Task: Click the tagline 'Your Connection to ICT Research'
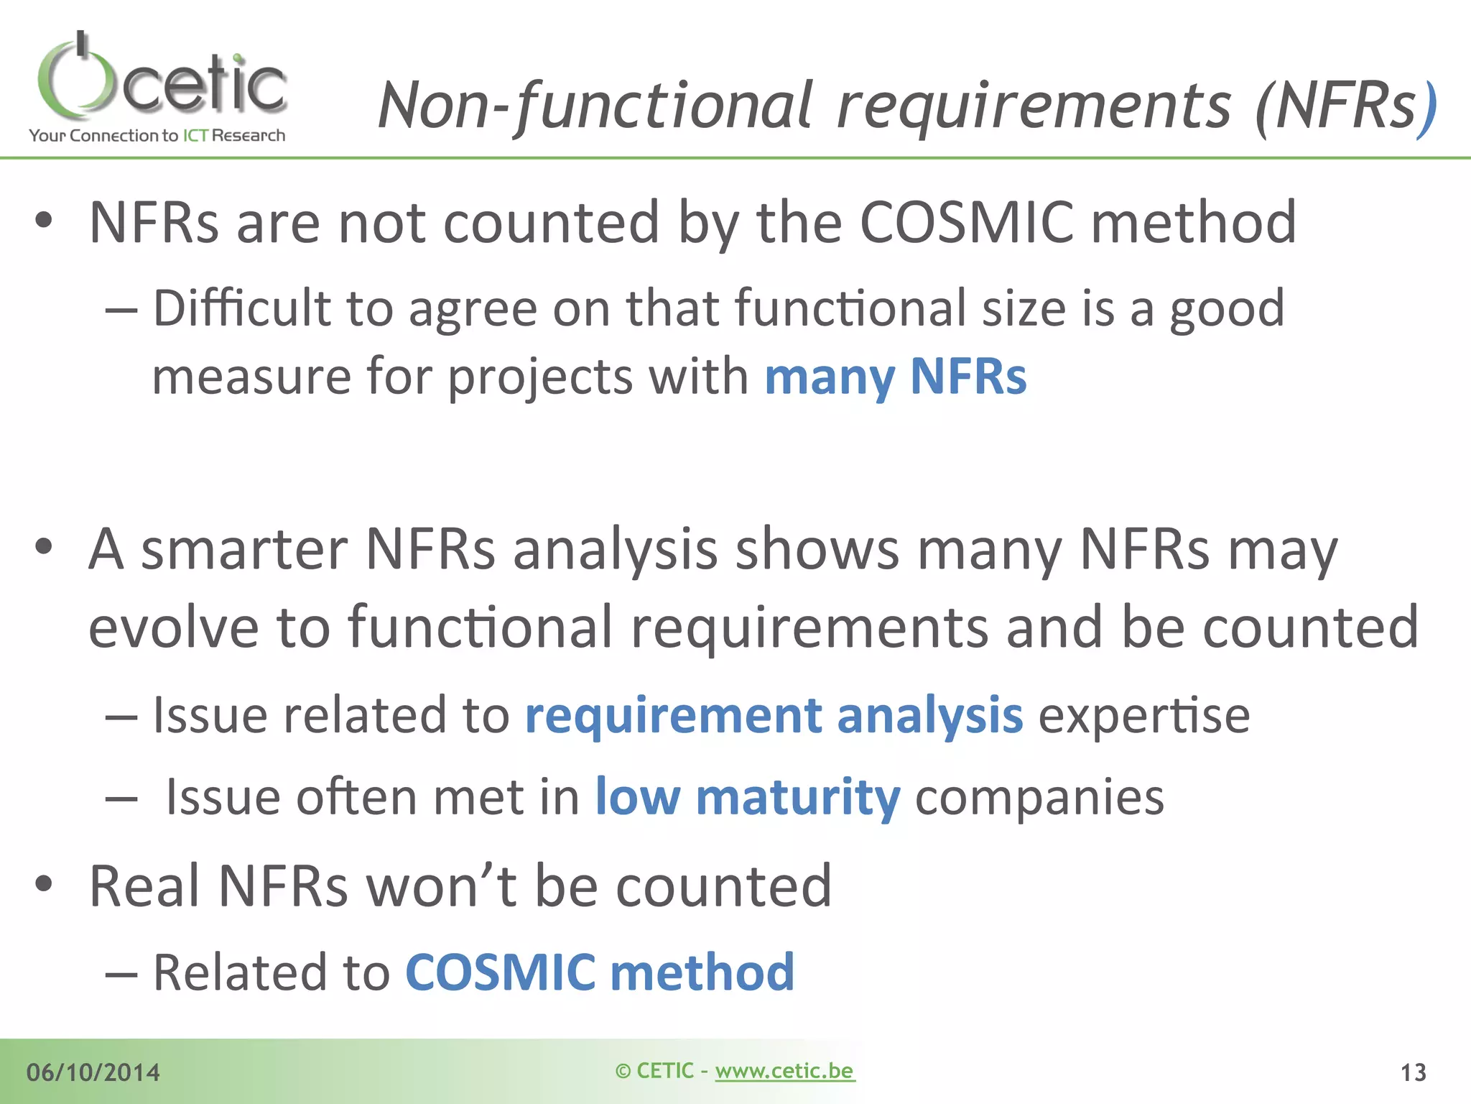(157, 136)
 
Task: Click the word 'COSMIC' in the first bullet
(966, 222)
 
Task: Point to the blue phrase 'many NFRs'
(895, 377)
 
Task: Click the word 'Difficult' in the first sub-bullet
(241, 308)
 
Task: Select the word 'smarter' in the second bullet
(243, 549)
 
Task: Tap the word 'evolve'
(173, 627)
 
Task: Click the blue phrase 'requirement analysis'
(774, 716)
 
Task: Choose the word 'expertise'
(1143, 716)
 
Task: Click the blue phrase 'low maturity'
(747, 798)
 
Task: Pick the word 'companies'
(1039, 798)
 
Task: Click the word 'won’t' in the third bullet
(441, 886)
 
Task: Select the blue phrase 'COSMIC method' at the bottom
(600, 972)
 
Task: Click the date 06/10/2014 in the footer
(93, 1072)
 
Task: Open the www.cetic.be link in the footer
(784, 1071)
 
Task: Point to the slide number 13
(1413, 1072)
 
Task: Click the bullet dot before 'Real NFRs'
(44, 884)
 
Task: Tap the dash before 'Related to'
(121, 975)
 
